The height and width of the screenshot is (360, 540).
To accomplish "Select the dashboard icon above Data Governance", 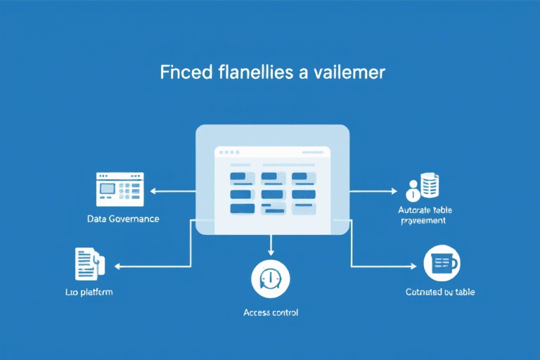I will click(x=120, y=189).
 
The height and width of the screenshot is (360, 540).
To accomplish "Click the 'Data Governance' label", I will click(x=123, y=219).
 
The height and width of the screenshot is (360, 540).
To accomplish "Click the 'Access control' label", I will click(x=270, y=312).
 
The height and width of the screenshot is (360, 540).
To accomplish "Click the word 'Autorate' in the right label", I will click(x=414, y=210).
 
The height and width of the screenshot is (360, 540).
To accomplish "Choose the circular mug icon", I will click(x=443, y=264).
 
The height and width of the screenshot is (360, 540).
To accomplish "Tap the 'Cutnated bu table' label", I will click(x=440, y=291).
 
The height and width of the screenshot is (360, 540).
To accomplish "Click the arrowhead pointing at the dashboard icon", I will click(x=153, y=190).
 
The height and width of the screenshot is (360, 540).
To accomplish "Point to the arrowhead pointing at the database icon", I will click(x=395, y=190).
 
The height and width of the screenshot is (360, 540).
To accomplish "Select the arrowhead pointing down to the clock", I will click(x=270, y=252).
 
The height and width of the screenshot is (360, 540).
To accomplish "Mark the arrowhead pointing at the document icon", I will click(x=117, y=266).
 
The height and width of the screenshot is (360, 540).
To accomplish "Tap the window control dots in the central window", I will click(x=227, y=152).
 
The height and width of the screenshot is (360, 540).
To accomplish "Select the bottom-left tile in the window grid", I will click(x=241, y=209).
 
